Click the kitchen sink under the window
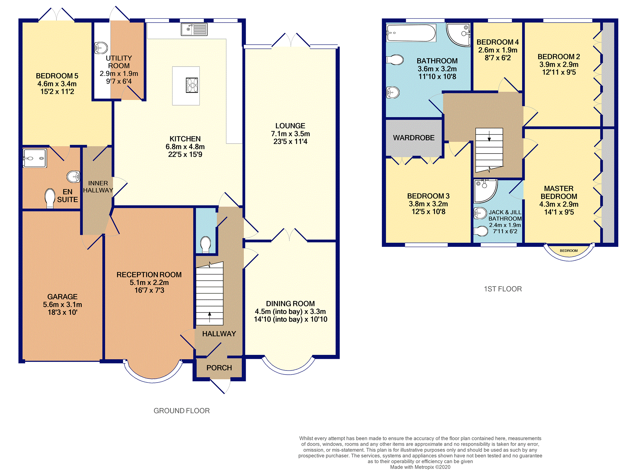194,29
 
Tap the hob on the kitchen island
192,85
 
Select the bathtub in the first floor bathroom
411,33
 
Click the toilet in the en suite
50,198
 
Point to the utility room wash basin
101,48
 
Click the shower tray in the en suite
35,158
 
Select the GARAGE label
62,297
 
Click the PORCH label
219,368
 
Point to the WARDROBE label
414,138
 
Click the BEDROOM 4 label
498,42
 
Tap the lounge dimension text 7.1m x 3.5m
290,134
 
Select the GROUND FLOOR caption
182,411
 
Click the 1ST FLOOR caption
503,289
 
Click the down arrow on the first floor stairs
489,136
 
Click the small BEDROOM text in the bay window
569,251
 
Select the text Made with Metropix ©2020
420,467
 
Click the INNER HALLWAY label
98,187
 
